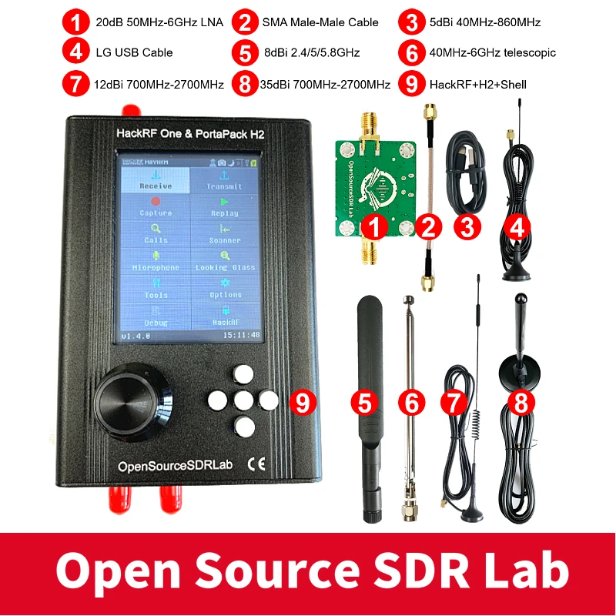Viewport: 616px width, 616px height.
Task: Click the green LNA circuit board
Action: click(374, 185)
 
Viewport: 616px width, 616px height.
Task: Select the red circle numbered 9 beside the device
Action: click(303, 401)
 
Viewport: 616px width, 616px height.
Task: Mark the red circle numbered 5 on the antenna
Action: click(366, 401)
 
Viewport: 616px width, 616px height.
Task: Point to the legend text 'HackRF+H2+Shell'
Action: click(477, 84)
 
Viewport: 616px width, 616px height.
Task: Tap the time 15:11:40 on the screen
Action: click(241, 336)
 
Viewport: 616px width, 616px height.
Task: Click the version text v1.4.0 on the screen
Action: click(137, 336)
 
